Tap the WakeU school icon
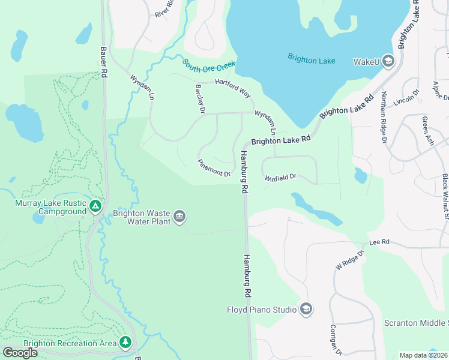pos(388,61)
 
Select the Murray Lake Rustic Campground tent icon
pos(95,207)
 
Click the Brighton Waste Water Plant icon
pos(179,217)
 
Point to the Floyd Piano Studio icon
pos(306,310)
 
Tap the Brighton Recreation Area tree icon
pos(125,343)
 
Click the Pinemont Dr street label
pos(214,169)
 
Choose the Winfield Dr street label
pos(281,177)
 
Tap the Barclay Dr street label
pos(200,98)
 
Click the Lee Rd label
pos(379,242)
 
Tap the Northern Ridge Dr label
pos(384,118)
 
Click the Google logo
pos(20,353)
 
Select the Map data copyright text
pos(424,355)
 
